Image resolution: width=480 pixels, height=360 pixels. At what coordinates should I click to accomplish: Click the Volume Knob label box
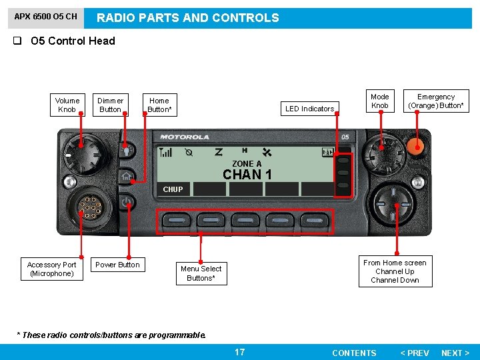pos(67,105)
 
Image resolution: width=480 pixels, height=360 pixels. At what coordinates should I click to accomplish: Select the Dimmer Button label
pos(110,105)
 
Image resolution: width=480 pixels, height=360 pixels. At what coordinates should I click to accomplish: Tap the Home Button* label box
pos(159,105)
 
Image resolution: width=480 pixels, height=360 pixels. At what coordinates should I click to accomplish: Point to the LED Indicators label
pos(309,109)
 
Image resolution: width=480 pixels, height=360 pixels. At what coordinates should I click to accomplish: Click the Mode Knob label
pos(379,101)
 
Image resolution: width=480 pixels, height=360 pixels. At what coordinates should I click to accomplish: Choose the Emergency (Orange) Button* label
pos(436,101)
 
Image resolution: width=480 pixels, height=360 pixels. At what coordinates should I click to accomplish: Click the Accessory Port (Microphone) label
pos(51,269)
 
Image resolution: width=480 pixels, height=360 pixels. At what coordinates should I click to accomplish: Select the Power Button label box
pos(117,265)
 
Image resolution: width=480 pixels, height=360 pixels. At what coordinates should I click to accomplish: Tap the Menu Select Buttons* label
pos(201,273)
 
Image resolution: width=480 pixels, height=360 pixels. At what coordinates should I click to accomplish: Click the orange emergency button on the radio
pos(417,147)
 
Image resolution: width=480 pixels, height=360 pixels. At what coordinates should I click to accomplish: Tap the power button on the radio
pos(127,201)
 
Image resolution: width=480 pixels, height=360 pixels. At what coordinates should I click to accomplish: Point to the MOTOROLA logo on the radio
pos(185,137)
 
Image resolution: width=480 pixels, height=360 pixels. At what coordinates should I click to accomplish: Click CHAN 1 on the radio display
pos(247,175)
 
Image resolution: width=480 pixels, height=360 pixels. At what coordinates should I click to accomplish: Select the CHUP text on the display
pos(173,189)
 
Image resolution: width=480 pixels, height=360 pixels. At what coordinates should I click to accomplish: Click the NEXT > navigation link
pos(455,353)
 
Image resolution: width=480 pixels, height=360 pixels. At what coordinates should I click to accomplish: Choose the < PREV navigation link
pos(414,353)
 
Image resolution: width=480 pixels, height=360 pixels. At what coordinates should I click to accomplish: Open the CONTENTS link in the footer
pos(354,353)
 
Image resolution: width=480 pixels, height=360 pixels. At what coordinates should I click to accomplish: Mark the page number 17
pos(239,352)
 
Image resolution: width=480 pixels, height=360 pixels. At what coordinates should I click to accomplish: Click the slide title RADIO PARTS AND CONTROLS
pos(188,18)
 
